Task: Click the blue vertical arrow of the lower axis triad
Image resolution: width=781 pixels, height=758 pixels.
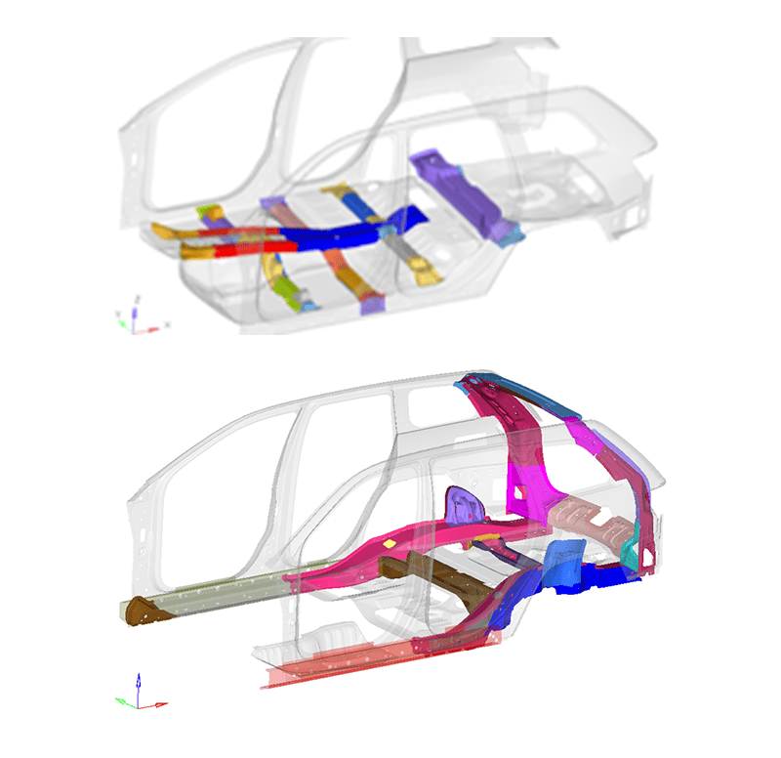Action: pyautogui.click(x=138, y=683)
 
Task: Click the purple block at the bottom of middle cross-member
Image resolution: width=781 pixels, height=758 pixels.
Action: pyautogui.click(x=372, y=305)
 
